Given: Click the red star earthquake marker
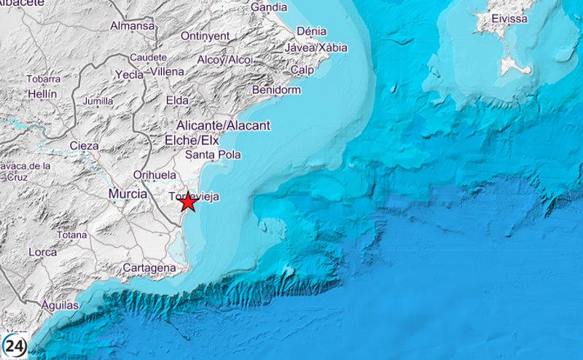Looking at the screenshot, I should [187, 202].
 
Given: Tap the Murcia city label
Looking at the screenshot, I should [128, 194].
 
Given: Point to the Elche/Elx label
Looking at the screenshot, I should [192, 139].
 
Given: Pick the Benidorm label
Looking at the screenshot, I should [275, 90].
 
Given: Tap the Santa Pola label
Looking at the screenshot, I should [211, 155].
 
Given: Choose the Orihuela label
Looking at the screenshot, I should [154, 175].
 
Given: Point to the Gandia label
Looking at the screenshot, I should [268, 7].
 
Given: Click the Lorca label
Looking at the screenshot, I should [43, 252].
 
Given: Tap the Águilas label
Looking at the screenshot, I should [60, 305].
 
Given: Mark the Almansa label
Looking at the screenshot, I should [133, 26].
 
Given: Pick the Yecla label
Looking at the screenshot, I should [129, 74].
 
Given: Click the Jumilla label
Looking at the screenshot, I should [99, 101].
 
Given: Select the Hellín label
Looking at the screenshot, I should [42, 94].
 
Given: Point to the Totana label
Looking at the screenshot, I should [71, 235].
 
